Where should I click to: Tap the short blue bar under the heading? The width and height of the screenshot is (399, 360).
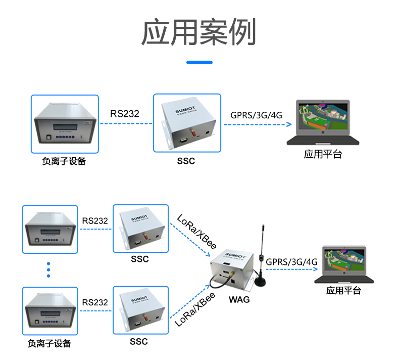tap(199, 63)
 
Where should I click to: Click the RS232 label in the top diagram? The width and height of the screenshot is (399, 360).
tap(125, 114)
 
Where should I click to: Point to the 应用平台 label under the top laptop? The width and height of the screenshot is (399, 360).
tap(323, 155)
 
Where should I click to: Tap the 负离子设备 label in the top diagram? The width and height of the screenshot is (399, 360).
tap(64, 162)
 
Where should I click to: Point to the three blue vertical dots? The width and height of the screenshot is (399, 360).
tap(48, 269)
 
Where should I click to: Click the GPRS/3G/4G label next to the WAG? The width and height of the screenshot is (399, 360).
tap(291, 262)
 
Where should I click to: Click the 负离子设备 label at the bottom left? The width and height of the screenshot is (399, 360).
tap(49, 344)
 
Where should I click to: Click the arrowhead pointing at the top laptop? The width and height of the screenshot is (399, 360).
tap(289, 124)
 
